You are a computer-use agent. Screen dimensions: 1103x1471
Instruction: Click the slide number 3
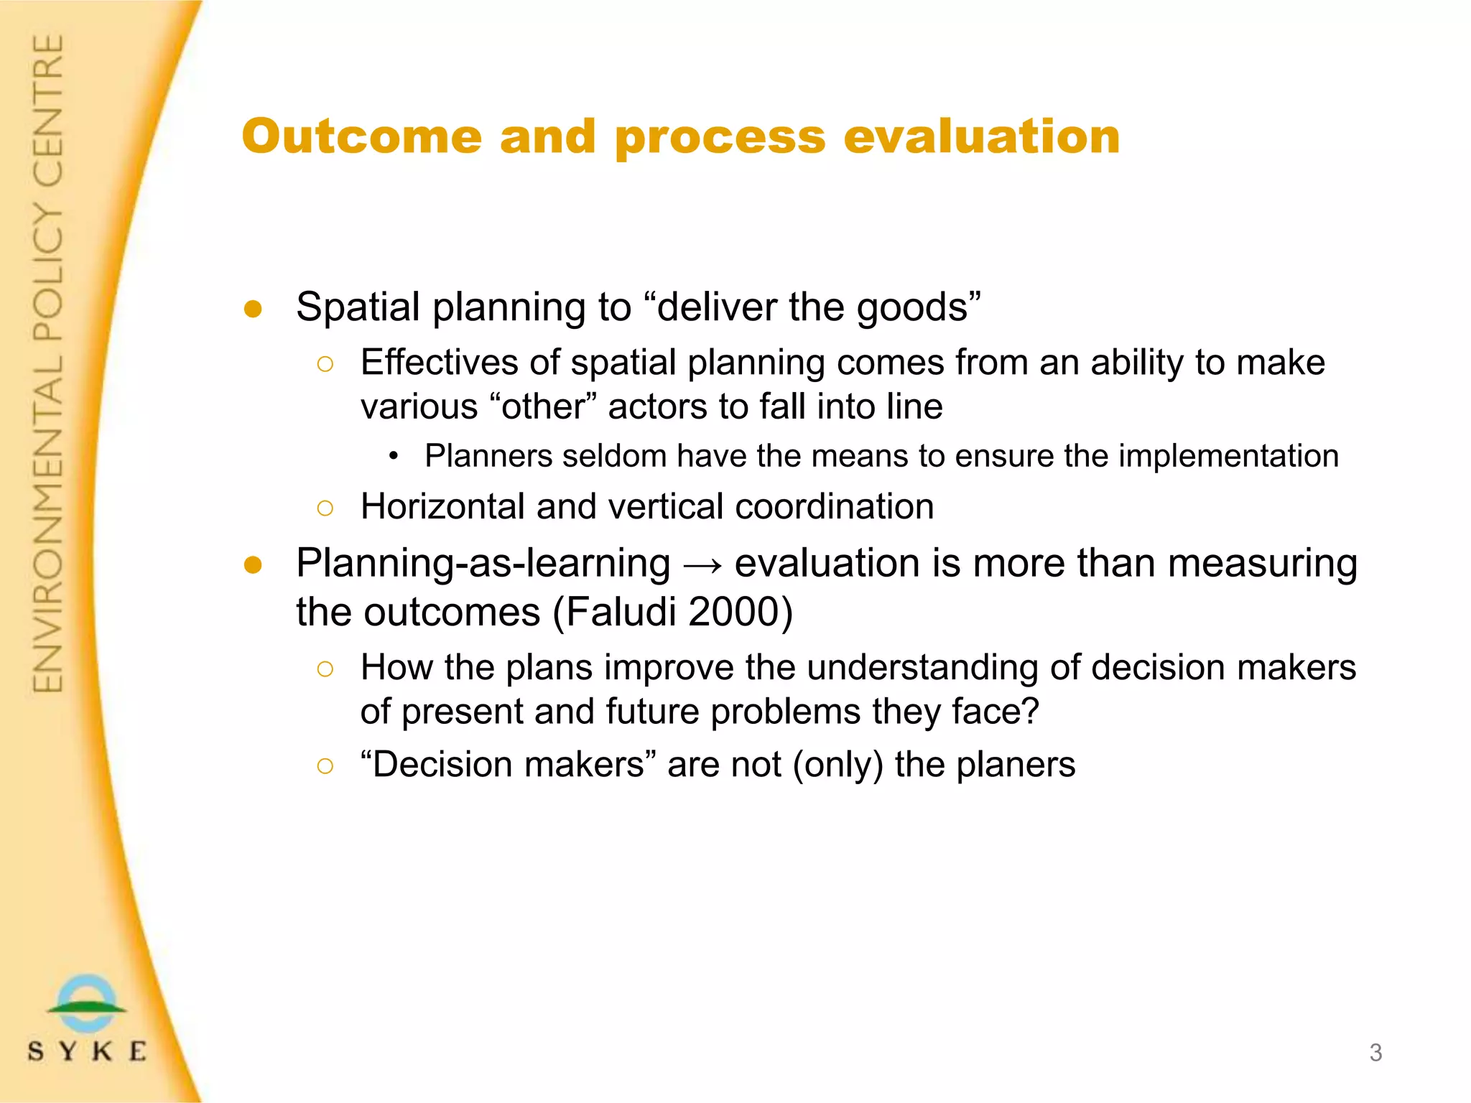1375,1053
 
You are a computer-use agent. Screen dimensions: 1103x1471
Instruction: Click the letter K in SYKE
103,1052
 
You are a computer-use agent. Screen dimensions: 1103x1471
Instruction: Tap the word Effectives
439,363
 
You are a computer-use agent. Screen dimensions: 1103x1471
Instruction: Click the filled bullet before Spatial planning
253,309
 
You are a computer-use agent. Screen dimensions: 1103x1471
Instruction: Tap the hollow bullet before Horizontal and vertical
325,508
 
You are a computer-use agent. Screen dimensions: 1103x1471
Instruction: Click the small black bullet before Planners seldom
393,457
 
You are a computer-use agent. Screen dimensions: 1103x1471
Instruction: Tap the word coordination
834,507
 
